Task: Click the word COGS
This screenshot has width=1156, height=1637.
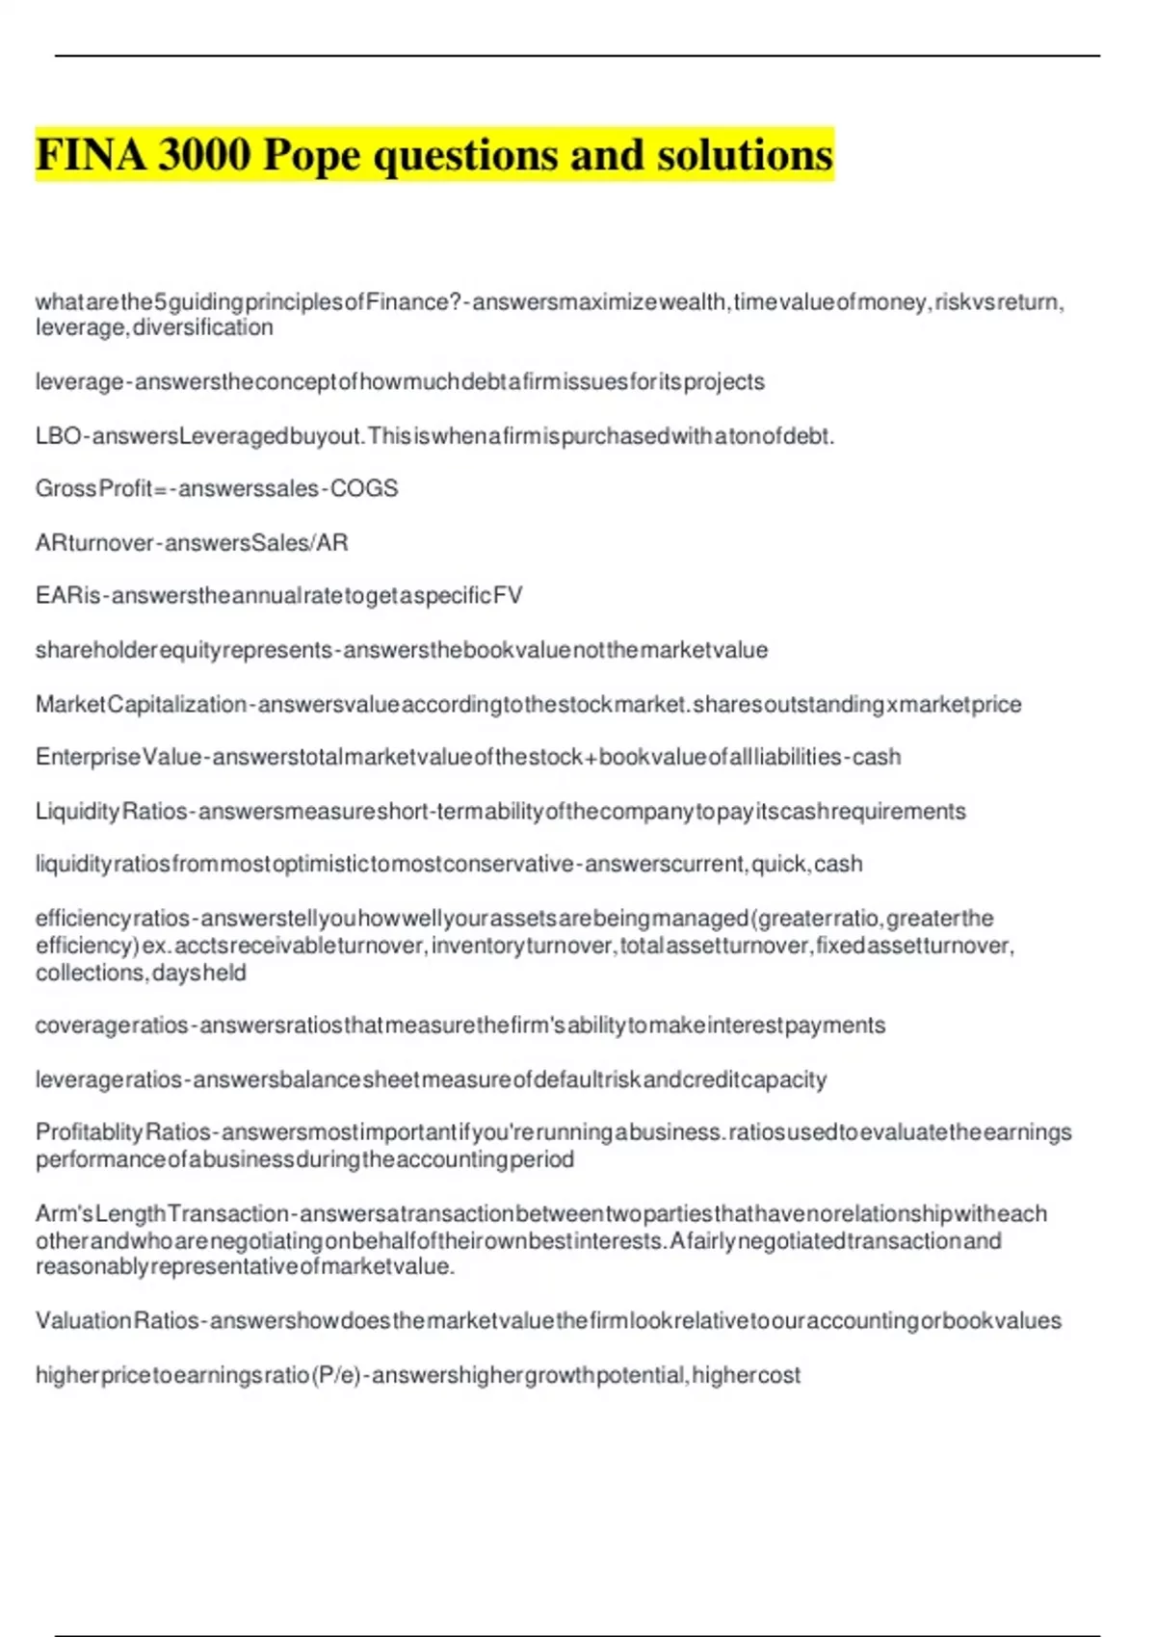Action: coord(364,489)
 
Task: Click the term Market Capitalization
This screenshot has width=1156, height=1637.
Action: coord(141,705)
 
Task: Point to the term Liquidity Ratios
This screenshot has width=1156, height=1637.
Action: coord(111,812)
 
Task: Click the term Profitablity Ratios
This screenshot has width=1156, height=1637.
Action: coord(122,1132)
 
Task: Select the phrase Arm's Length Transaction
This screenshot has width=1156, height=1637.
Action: coord(162,1214)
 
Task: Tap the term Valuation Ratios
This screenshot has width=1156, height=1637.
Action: coord(117,1321)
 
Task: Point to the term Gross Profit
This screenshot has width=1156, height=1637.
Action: coord(93,489)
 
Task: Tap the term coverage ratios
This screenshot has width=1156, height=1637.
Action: coord(111,1026)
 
